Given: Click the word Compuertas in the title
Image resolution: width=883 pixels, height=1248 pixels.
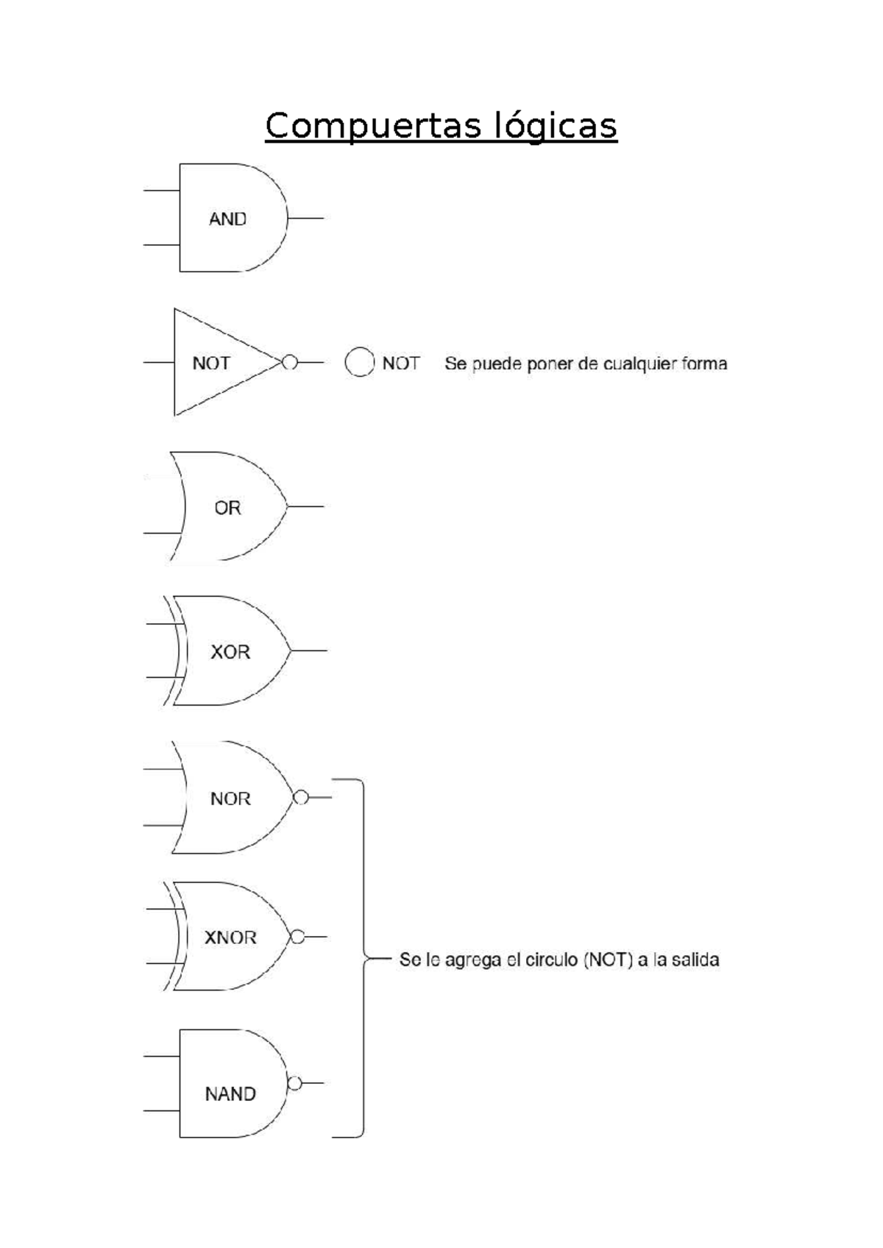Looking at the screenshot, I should pos(369,126).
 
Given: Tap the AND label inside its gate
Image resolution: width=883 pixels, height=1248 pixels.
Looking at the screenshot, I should pos(227,219).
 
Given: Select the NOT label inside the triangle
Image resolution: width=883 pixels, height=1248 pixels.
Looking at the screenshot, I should pos(211,363).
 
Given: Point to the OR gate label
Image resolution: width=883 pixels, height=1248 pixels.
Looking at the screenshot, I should pos(227,508).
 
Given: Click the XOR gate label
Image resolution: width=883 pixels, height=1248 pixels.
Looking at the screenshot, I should pos(230,652).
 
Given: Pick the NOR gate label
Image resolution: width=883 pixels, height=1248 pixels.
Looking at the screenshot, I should pos(230,798).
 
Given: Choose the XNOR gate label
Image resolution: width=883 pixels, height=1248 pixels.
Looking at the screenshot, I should pos(230,937).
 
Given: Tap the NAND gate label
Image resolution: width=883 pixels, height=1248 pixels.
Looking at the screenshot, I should pos(230,1094).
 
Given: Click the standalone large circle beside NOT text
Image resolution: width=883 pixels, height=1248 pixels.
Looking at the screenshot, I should pos(359,362).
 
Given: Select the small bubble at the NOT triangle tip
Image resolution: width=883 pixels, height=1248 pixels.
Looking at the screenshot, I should pos(290,362).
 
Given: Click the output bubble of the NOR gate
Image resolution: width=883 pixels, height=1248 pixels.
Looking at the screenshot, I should pos(300,798).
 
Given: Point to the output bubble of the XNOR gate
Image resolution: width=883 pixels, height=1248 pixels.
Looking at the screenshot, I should pos(297,937).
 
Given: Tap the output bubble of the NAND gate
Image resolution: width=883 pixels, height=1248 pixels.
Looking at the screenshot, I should pos(294,1083).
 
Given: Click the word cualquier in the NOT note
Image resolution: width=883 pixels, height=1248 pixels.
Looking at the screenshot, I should pos(639,364).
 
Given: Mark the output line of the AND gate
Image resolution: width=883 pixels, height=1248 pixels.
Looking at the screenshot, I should pos(305,219).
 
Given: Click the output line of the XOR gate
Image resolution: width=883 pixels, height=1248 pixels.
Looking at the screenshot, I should pos(309,650).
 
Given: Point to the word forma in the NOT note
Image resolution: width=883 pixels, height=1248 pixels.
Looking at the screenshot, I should pos(704,364).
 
